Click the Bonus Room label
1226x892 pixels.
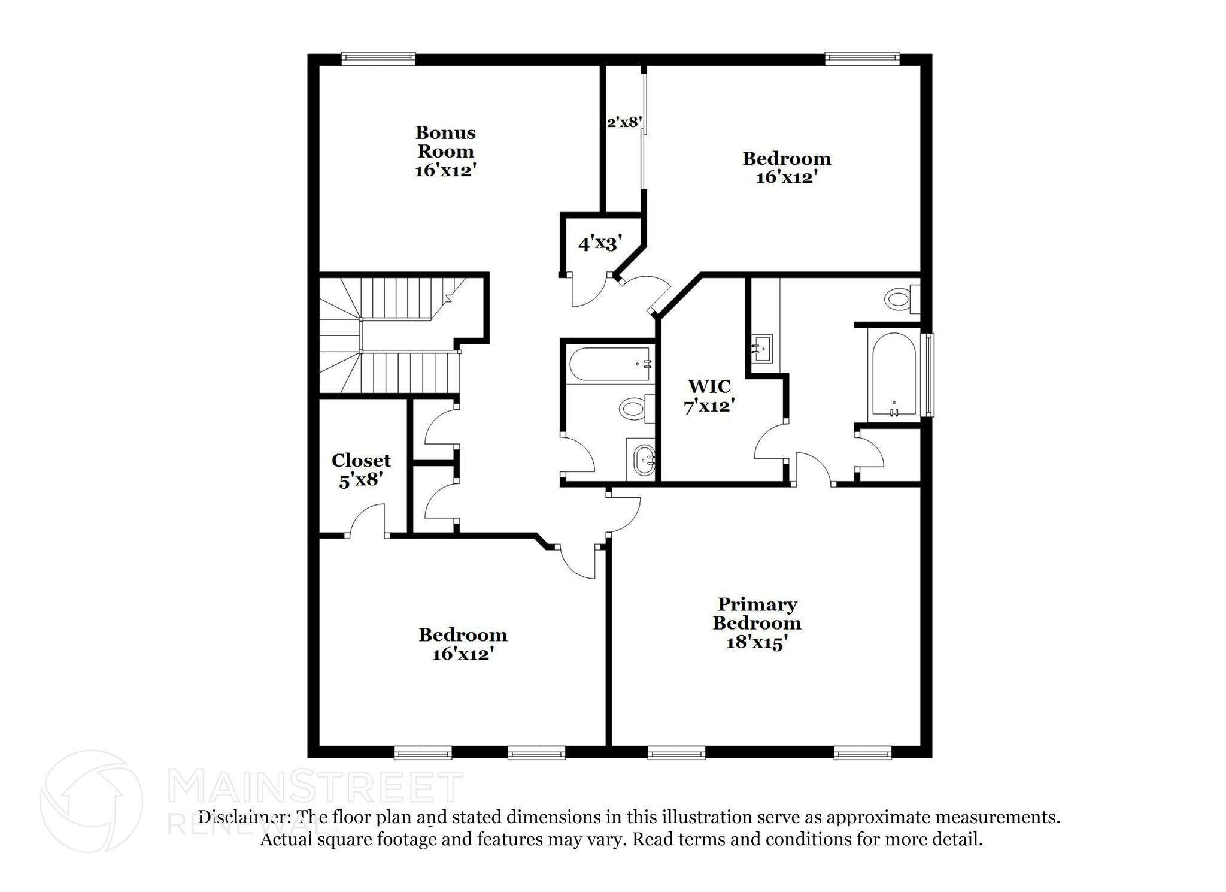[445, 141]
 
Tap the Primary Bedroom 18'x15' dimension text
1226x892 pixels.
[756, 642]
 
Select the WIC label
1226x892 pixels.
[709, 385]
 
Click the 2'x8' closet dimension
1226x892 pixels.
[624, 123]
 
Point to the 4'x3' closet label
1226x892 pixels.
[600, 244]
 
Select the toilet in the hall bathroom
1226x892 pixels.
[632, 409]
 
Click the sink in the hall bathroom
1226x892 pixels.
[644, 460]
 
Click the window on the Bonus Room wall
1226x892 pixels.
[378, 58]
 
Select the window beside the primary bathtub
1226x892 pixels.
[928, 375]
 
